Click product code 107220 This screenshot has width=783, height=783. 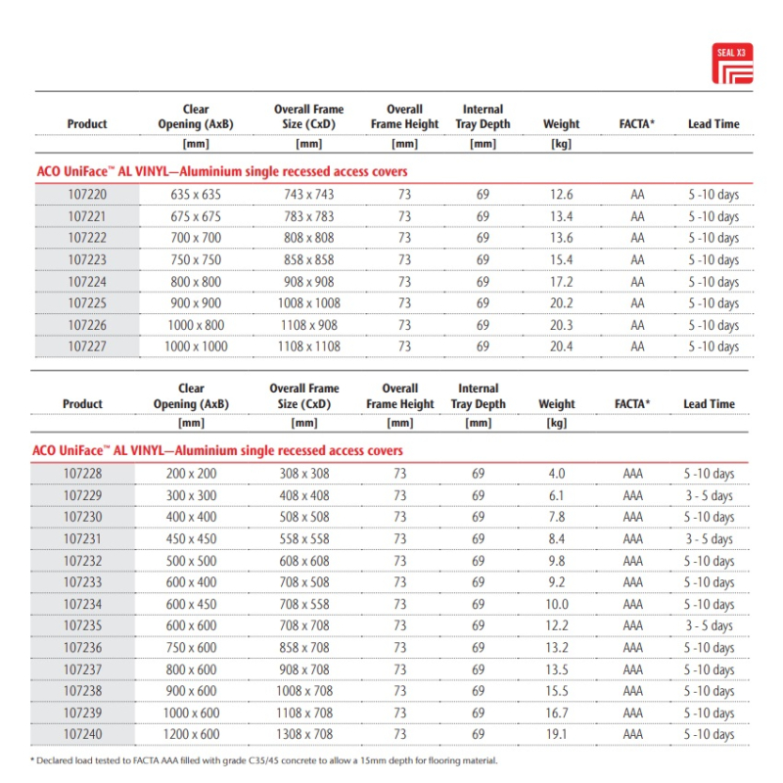point(87,195)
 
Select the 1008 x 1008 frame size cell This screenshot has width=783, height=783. point(308,303)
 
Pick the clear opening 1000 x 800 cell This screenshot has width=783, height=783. point(195,325)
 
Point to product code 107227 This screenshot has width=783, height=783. point(87,346)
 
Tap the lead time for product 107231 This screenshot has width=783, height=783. point(709,539)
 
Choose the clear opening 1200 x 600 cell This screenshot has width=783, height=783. point(191,734)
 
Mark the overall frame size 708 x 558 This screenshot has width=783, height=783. point(304,605)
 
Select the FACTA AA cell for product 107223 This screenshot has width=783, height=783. point(638,260)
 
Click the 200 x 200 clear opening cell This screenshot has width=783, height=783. point(191,475)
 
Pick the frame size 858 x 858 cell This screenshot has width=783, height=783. point(308,260)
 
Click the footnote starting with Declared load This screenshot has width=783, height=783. point(264,760)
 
